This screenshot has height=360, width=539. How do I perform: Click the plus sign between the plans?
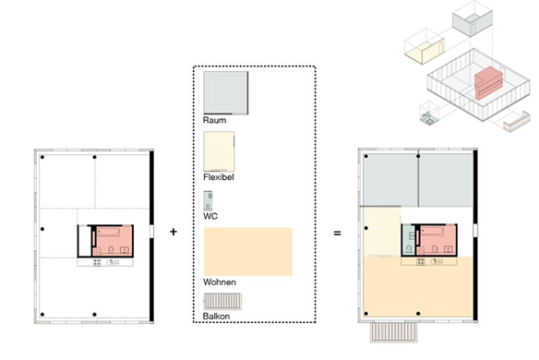[x=174, y=232]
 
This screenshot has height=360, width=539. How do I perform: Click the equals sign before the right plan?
[x=337, y=234]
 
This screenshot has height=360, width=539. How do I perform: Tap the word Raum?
[x=214, y=120]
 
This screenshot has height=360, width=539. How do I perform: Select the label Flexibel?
[x=219, y=177]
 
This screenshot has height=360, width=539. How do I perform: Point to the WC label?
[x=210, y=216]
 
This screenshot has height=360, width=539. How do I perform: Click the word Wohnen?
[x=220, y=282]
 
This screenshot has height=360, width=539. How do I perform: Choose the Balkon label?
[x=216, y=317]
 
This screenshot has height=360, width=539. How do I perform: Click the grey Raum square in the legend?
[x=226, y=93]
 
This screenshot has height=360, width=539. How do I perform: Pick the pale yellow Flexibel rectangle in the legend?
[x=219, y=151]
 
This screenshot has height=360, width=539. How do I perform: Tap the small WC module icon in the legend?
[x=208, y=201]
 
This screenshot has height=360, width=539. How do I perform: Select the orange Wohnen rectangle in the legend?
[x=248, y=251]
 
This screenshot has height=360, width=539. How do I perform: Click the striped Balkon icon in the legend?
[x=222, y=302]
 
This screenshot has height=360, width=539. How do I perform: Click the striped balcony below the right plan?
[x=393, y=331]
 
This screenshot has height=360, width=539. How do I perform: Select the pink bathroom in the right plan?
[x=437, y=240]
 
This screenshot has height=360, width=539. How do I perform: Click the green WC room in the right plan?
[x=409, y=240]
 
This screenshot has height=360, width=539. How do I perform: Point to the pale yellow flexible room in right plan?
[x=382, y=232]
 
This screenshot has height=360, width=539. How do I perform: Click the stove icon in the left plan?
[x=97, y=263]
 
